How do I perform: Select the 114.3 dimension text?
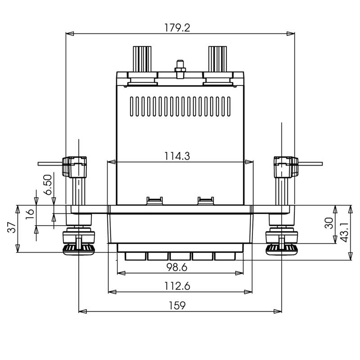tap(177, 156)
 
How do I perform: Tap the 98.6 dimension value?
tap(176, 267)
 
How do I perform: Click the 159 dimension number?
tap(177, 305)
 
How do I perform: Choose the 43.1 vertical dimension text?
tap(344, 232)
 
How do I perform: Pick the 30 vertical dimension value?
tap(329, 223)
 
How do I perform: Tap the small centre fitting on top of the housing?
tap(180, 68)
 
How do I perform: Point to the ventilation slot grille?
tap(180, 106)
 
